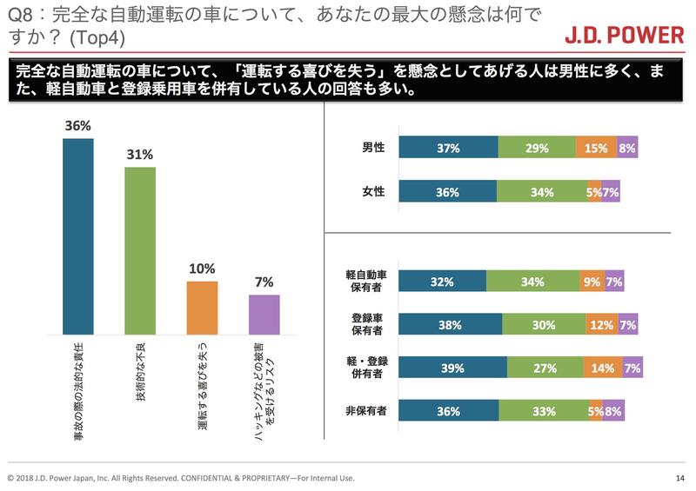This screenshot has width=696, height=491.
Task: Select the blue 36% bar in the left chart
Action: coord(77,236)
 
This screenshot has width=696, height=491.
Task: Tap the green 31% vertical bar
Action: coord(140,250)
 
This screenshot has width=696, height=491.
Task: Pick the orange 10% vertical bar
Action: coord(202,308)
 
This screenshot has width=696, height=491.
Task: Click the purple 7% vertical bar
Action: coord(264,315)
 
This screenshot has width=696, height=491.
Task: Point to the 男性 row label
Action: coord(373,149)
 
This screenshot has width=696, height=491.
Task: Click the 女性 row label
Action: coord(373,192)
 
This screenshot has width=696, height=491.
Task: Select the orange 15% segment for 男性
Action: coord(596,149)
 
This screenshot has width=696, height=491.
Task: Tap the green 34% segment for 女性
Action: coord(544,192)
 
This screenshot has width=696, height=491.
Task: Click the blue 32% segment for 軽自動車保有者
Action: coord(443,282)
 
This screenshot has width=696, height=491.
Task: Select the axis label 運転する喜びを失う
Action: coord(202,382)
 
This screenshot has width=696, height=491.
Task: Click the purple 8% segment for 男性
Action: coord(627,149)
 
